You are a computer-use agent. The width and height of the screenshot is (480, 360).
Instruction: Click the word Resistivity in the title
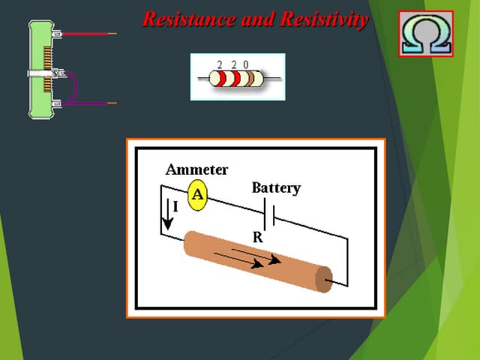point(323,19)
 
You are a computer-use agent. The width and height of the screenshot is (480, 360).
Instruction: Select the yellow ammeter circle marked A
point(197,195)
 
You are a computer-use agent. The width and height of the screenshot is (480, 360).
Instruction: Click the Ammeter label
point(196,169)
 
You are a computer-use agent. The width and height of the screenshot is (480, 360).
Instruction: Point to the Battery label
point(276,187)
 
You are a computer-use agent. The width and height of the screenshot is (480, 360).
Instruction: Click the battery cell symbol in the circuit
point(270,214)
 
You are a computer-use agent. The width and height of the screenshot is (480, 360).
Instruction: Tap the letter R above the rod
point(257,237)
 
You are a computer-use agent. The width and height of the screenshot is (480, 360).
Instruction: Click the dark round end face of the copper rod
point(323,279)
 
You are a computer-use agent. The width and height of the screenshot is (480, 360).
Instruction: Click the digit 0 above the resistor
point(246,64)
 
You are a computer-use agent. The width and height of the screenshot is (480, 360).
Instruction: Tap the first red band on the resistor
point(222,78)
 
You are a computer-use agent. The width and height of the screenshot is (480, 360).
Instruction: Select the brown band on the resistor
point(246,78)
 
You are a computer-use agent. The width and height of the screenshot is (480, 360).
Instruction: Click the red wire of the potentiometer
point(86,34)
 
